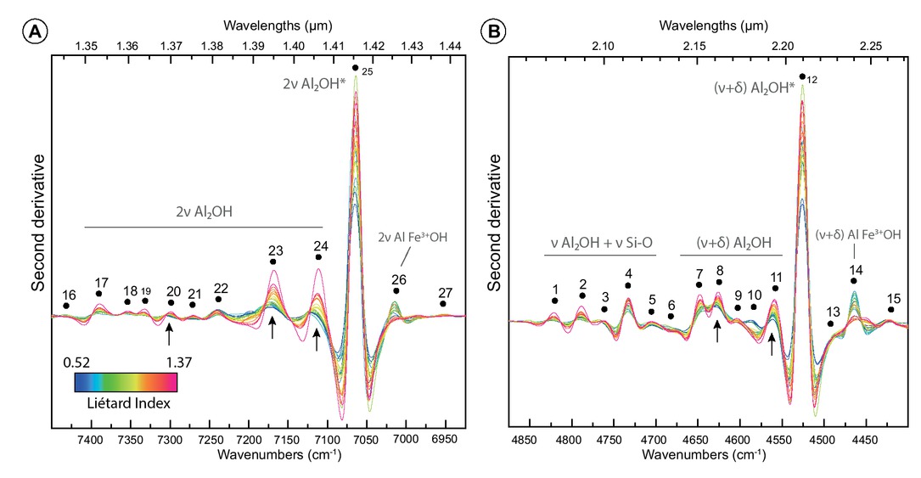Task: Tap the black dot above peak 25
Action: [x=355, y=67]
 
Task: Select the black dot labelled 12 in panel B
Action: [x=801, y=76]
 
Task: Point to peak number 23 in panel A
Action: [x=275, y=250]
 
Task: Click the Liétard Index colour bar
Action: [x=125, y=380]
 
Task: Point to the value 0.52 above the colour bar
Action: [x=77, y=361]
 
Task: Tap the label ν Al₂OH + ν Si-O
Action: [x=600, y=243]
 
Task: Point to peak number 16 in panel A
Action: [x=68, y=295]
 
